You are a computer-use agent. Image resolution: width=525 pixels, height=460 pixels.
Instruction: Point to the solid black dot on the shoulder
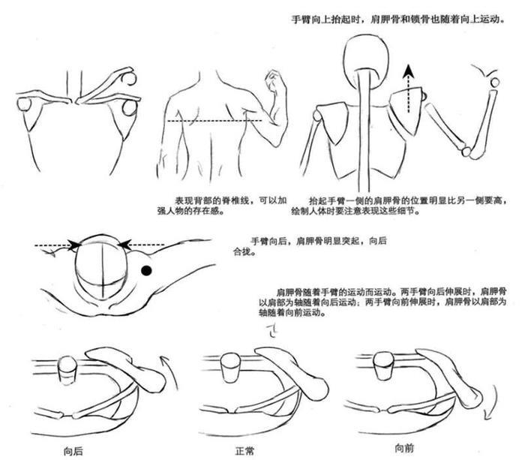point(147,269)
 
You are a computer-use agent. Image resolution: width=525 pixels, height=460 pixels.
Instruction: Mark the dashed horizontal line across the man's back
point(214,120)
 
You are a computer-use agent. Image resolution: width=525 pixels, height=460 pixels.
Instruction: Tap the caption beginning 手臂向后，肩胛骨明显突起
point(319,245)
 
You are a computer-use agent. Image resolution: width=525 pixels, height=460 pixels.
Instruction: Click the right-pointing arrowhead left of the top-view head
point(75,244)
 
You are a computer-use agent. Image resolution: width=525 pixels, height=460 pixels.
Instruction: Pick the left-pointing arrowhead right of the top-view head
point(124,244)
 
